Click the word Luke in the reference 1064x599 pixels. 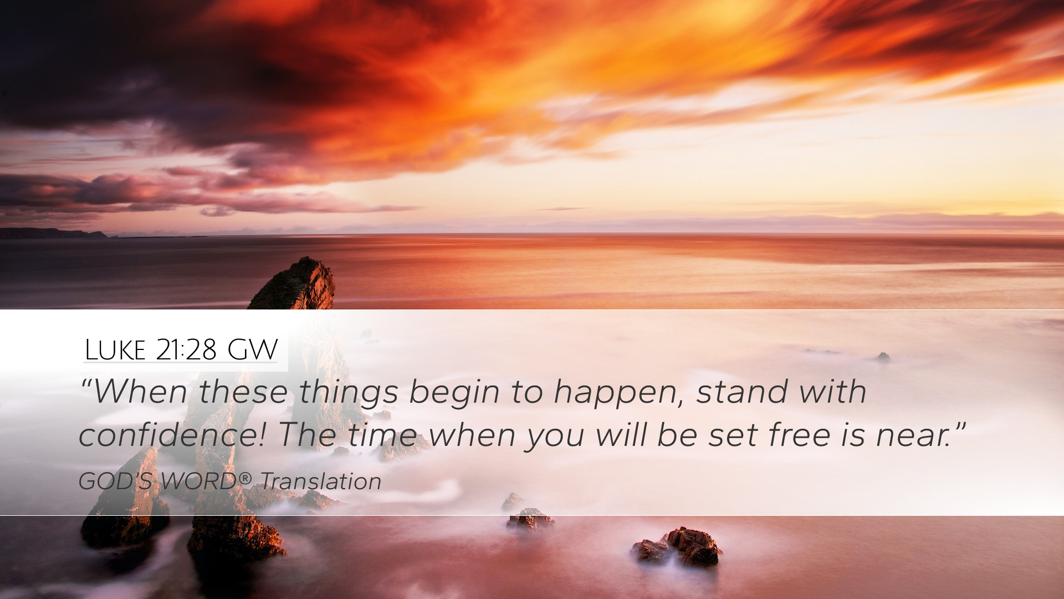click(115, 350)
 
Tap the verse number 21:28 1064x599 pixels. click(186, 350)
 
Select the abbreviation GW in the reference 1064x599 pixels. click(252, 350)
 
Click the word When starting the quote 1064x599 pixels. click(140, 392)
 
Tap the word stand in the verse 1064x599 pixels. click(742, 391)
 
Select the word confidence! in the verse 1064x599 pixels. click(172, 435)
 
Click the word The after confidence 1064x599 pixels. click(306, 435)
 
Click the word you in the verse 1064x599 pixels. click(556, 438)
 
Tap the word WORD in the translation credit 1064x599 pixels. click(199, 481)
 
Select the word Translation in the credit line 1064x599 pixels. click(321, 481)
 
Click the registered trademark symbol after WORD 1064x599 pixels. click(245, 477)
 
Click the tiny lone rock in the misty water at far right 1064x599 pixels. click(883, 357)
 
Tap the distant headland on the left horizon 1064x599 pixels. click(53, 233)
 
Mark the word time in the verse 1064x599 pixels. click(382, 435)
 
